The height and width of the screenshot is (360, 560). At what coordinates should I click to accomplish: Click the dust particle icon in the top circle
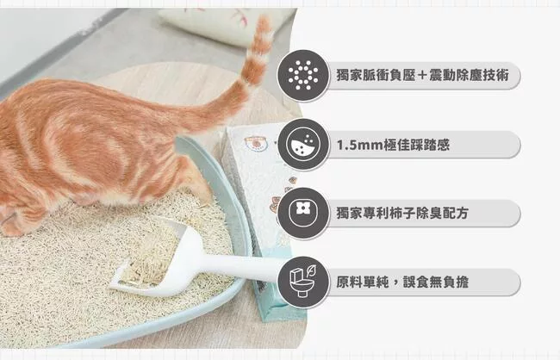click(x=303, y=75)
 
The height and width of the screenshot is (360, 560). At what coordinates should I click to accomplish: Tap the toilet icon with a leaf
click(x=303, y=281)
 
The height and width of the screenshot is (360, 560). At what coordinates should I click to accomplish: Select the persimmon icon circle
click(x=303, y=214)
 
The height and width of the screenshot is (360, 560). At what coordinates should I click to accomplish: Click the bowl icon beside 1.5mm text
click(x=303, y=145)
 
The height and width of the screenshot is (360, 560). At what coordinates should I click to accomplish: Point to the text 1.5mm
click(x=359, y=145)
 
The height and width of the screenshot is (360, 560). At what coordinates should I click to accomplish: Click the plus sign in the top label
click(x=422, y=76)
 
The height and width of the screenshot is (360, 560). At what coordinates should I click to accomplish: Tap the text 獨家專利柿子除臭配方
click(x=402, y=214)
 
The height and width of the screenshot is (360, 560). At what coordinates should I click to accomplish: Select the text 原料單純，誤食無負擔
click(x=402, y=282)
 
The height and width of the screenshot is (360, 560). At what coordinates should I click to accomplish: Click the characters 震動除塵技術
click(x=469, y=75)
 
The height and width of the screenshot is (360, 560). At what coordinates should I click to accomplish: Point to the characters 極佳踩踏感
click(x=416, y=145)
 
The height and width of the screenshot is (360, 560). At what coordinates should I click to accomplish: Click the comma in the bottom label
click(x=396, y=284)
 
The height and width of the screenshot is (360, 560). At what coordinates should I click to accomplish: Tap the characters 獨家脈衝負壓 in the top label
click(x=376, y=75)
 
